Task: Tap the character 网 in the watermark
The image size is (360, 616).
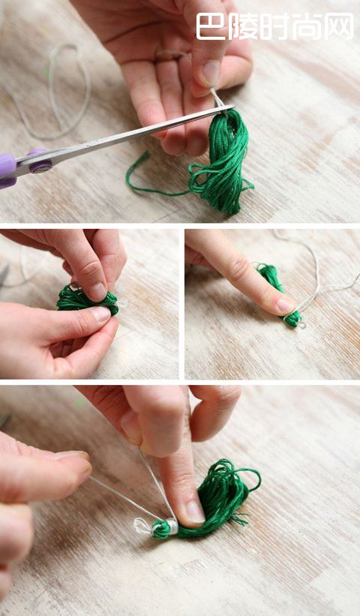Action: (x=339, y=26)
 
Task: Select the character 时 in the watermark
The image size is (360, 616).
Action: (x=275, y=26)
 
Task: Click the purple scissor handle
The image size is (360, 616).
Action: (x=7, y=170)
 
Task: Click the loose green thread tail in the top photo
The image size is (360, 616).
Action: (x=153, y=176)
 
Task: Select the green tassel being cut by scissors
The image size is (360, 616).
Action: (x=221, y=162)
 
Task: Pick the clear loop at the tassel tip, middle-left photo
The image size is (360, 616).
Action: (x=121, y=302)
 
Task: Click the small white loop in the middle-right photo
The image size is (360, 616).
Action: (x=301, y=326)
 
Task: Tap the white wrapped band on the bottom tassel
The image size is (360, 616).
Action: (x=172, y=527)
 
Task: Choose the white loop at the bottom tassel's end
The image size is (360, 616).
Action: (x=142, y=526)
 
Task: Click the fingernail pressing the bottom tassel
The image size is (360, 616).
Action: (x=195, y=512)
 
